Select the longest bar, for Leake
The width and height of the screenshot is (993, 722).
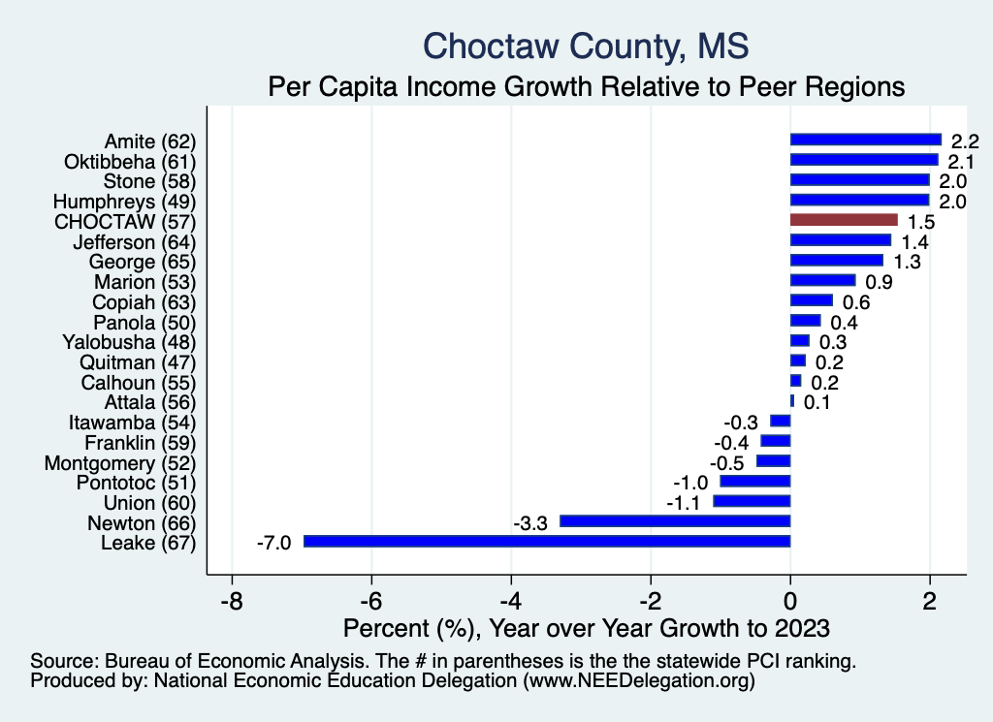click(547, 541)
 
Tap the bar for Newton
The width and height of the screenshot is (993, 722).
click(675, 521)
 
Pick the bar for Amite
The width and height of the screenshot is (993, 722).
click(866, 140)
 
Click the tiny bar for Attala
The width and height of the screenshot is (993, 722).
click(792, 400)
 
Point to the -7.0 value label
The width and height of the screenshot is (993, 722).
click(273, 542)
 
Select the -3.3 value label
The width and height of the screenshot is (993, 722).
click(530, 522)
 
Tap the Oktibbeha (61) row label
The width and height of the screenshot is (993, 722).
click(131, 161)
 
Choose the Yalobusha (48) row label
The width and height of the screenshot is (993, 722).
click(129, 341)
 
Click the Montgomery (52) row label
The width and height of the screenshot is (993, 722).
click(121, 462)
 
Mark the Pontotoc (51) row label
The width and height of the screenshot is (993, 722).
click(137, 482)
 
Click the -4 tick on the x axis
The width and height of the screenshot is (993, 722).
click(512, 600)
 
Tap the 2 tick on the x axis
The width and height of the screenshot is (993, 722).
click(930, 600)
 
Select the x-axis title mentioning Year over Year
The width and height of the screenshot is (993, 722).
click(587, 628)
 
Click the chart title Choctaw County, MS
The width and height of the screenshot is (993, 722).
click(587, 46)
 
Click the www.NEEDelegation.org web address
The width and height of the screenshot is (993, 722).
click(640, 681)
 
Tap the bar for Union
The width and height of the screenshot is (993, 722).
click(752, 501)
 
